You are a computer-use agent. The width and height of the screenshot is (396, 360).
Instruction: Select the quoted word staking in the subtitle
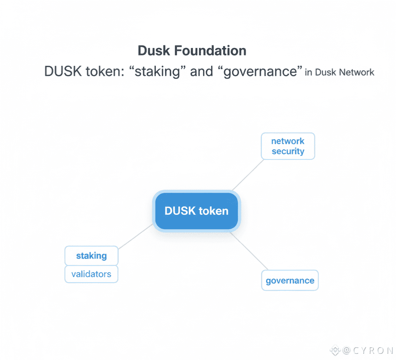click(159, 72)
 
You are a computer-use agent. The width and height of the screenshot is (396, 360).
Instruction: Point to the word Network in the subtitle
click(357, 72)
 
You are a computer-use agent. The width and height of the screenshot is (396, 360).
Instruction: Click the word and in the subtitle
click(201, 72)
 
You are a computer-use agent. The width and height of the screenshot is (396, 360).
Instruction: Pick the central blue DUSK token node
click(196, 211)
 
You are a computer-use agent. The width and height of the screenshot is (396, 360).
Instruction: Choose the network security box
click(288, 146)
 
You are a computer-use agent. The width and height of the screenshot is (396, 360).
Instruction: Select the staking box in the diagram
click(91, 256)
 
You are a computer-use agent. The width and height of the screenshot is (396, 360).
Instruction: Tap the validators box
click(91, 274)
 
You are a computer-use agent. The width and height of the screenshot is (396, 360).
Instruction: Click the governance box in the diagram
click(290, 280)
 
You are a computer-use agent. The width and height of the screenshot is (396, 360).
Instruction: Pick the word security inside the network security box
click(288, 151)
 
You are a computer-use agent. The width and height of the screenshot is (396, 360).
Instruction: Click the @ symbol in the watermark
click(346, 351)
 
